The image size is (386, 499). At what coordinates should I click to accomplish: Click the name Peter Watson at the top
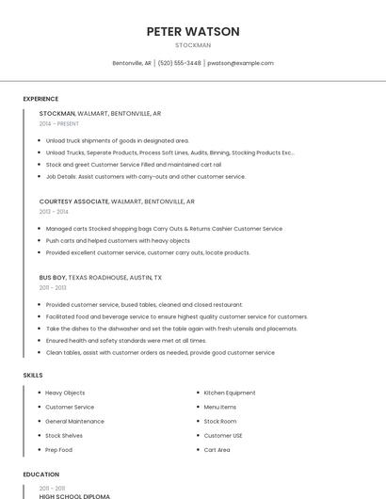[x=193, y=31]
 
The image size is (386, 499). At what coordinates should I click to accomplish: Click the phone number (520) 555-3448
[x=179, y=63]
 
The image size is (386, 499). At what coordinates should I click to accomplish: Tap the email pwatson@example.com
[x=240, y=63]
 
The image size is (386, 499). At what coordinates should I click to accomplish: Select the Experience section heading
[x=40, y=99]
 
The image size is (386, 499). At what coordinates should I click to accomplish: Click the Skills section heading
[x=33, y=376]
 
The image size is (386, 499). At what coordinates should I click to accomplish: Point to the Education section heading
[x=40, y=475]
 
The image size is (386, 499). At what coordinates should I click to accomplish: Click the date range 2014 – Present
[x=59, y=123]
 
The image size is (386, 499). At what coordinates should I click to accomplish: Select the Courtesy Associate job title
[x=74, y=201]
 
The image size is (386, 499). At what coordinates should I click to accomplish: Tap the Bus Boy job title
[x=53, y=278]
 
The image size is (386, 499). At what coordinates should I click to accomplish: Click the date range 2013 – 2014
[x=54, y=212]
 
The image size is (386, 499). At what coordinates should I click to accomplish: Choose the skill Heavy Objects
[x=65, y=393]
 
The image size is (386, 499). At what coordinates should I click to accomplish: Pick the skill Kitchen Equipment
[x=230, y=393]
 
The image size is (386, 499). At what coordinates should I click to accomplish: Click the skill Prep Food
[x=58, y=450]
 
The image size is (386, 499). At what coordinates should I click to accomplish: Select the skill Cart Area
[x=217, y=450]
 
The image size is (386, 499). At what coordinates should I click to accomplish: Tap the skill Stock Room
[x=220, y=421]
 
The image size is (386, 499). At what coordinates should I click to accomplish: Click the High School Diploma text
[x=74, y=496]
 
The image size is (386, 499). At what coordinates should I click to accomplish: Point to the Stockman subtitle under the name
[x=193, y=45]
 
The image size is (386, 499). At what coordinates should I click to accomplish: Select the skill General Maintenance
[x=74, y=421]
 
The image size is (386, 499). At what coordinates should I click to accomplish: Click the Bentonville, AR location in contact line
[x=132, y=63]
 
